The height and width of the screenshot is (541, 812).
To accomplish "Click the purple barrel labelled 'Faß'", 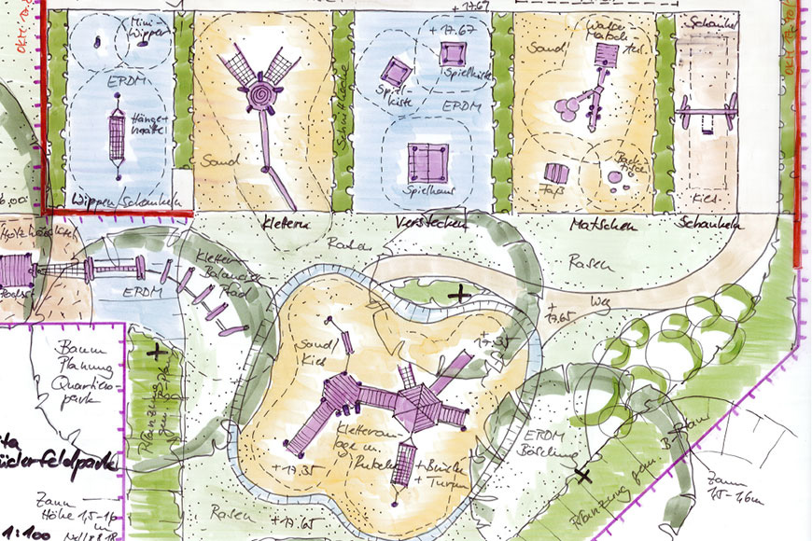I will [555, 173].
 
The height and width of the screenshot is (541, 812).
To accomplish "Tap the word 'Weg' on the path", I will [603, 303].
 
